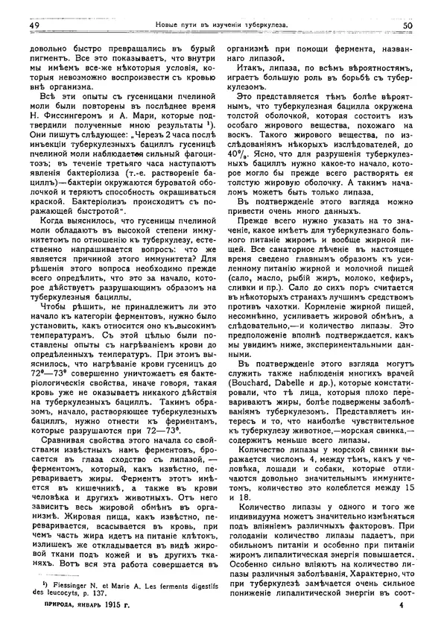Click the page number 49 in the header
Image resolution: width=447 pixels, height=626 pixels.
tap(34, 25)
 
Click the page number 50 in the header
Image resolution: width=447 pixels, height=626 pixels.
tap(407, 25)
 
